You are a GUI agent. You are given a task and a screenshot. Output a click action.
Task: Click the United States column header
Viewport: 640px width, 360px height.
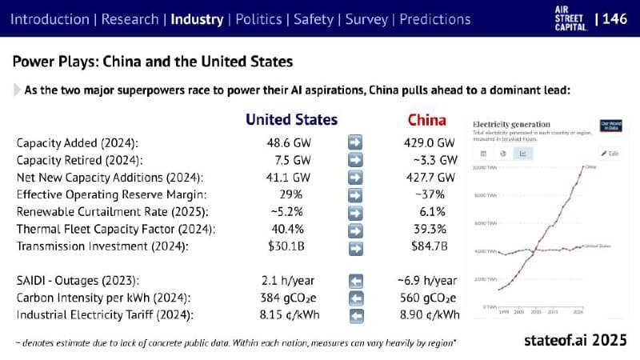291,120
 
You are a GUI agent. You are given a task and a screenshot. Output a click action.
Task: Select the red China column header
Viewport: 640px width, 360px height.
426,120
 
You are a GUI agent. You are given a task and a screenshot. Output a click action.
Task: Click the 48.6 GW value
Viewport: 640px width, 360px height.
292,142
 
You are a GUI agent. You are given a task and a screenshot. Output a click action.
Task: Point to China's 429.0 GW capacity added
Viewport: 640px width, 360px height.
430,142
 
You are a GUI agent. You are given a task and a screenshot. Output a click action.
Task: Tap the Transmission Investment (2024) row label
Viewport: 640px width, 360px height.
102,246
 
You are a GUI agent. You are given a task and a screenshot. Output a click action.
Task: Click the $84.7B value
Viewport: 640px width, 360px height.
430,246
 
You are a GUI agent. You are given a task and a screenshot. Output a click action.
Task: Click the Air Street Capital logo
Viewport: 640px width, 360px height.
564,18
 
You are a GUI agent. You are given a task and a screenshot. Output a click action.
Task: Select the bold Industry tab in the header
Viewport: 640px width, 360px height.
198,18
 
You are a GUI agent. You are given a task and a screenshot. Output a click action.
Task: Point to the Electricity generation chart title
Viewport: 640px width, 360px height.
511,124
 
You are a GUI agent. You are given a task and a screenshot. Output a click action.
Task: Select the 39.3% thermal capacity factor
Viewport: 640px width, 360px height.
430,229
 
